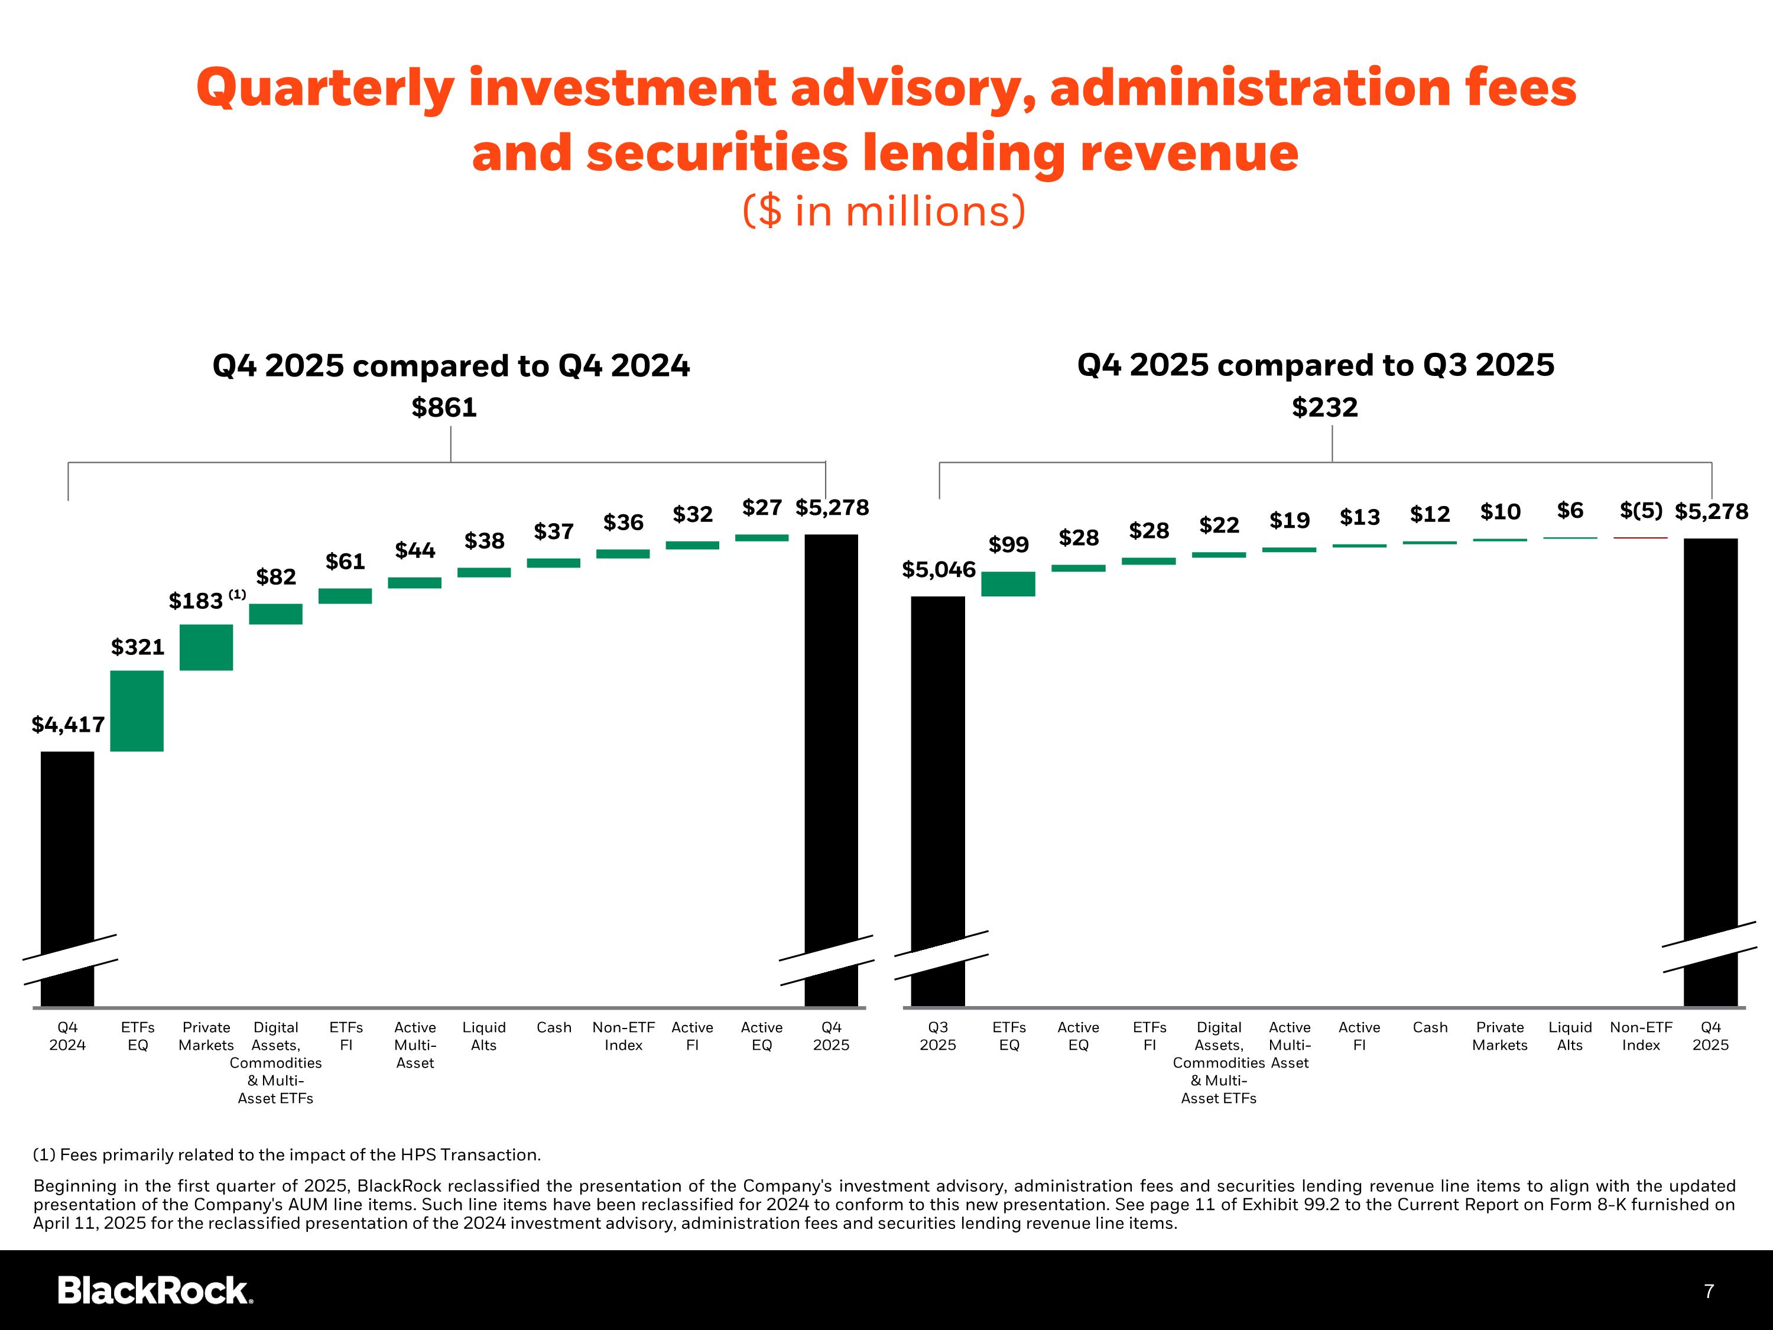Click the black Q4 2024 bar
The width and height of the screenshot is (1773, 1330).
67,878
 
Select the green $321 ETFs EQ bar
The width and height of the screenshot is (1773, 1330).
137,711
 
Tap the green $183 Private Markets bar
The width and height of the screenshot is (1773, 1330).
206,647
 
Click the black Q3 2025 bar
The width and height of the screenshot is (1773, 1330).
938,801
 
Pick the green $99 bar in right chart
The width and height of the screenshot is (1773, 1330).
1008,583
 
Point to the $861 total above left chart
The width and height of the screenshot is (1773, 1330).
444,407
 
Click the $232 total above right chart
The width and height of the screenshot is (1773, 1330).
1325,407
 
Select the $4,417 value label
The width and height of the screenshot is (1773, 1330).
68,725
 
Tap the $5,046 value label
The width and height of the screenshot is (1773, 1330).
939,570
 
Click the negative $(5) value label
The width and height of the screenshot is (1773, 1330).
1641,511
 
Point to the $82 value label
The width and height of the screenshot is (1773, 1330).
276,576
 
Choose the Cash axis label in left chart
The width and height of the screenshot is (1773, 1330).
554,1027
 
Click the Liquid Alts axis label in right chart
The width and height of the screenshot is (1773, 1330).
1570,1036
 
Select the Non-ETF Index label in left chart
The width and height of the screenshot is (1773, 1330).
624,1036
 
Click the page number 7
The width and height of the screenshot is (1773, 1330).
1709,1292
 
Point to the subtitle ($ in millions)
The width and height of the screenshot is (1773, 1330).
884,211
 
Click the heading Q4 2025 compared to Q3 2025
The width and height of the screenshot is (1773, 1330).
1316,365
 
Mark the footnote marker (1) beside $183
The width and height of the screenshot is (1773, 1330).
237,594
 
